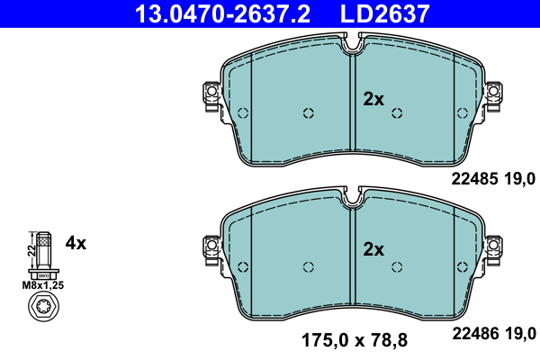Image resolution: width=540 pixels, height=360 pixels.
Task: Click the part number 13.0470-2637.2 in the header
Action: pyautogui.click(x=222, y=13)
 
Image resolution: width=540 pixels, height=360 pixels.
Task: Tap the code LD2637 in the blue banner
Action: pyautogui.click(x=385, y=13)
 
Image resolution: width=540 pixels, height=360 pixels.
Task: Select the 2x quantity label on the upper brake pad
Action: pyautogui.click(x=373, y=99)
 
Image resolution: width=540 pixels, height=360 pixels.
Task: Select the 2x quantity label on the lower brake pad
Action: pyautogui.click(x=373, y=249)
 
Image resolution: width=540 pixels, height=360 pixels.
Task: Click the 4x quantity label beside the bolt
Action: pyautogui.click(x=76, y=243)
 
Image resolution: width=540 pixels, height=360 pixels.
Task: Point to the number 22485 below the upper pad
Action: pyautogui.click(x=474, y=179)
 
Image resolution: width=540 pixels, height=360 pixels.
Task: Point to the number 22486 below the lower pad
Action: pyautogui.click(x=475, y=334)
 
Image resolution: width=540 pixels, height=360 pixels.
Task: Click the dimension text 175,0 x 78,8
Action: pyautogui.click(x=355, y=340)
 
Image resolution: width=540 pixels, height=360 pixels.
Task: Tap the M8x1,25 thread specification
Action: pyautogui.click(x=43, y=285)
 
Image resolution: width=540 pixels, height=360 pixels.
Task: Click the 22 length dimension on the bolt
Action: pyautogui.click(x=31, y=250)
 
